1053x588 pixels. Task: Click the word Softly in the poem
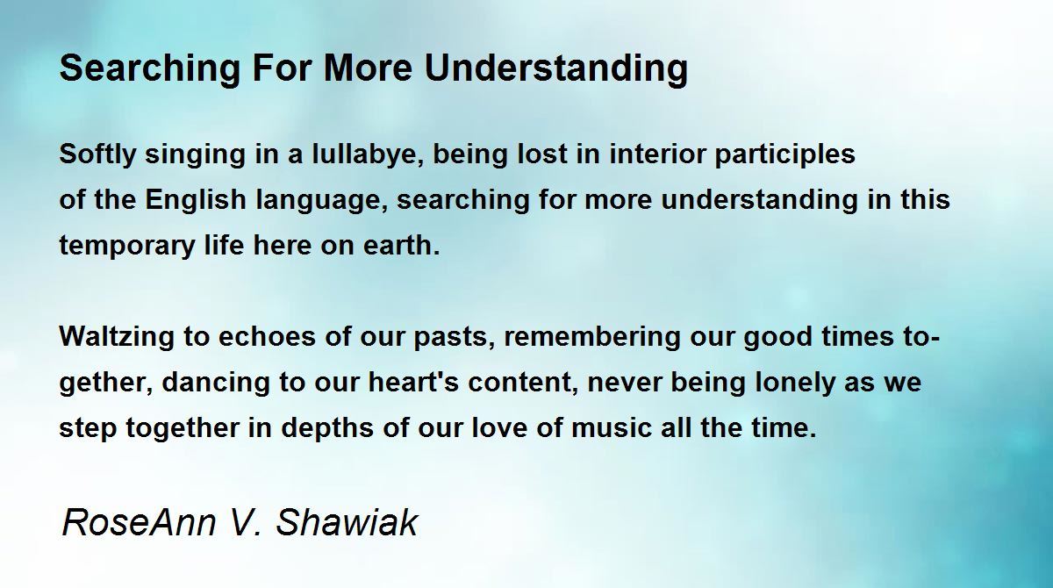(97, 154)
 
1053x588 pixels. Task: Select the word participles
(784, 154)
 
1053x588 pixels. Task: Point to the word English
(196, 200)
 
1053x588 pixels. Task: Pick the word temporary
(127, 247)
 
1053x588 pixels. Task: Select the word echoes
(267, 337)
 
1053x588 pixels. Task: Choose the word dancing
(216, 383)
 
